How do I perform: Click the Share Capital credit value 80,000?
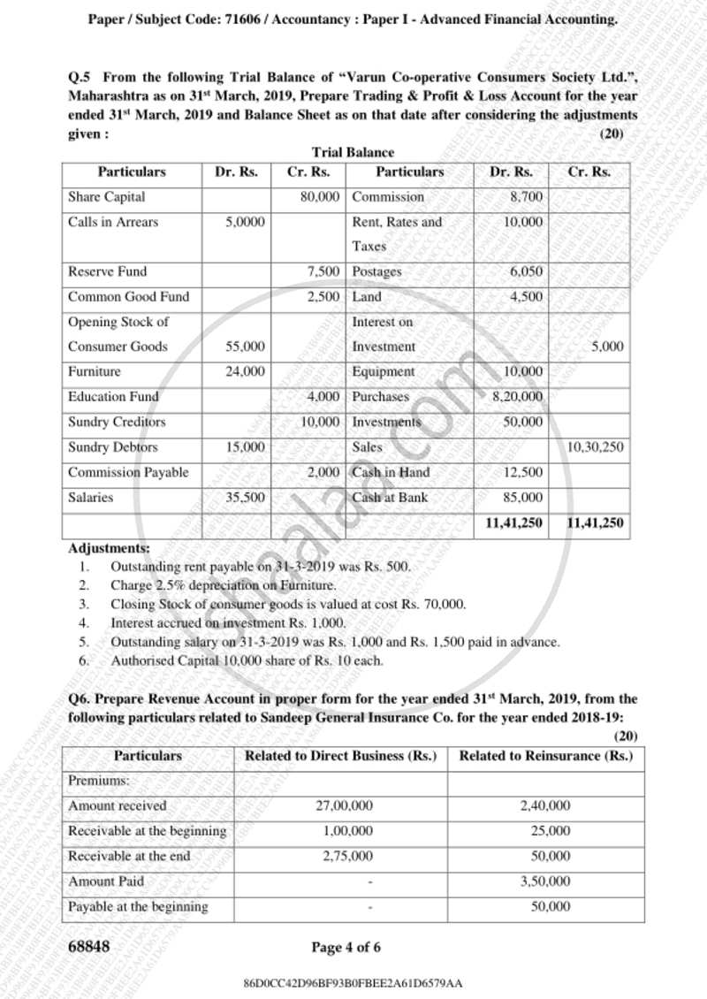[320, 197]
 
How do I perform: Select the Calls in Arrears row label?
[113, 222]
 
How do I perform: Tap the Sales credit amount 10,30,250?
[595, 447]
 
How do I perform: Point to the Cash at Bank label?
[390, 498]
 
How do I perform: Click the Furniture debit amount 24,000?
[245, 372]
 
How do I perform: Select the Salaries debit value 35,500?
[245, 498]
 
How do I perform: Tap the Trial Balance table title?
[353, 153]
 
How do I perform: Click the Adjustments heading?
[109, 549]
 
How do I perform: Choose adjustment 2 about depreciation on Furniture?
[223, 585]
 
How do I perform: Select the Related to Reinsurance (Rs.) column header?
[545, 756]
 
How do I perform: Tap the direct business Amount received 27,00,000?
[344, 806]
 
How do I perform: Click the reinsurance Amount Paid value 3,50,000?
[545, 881]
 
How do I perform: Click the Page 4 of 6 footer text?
[346, 948]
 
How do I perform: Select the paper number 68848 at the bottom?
[89, 948]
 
